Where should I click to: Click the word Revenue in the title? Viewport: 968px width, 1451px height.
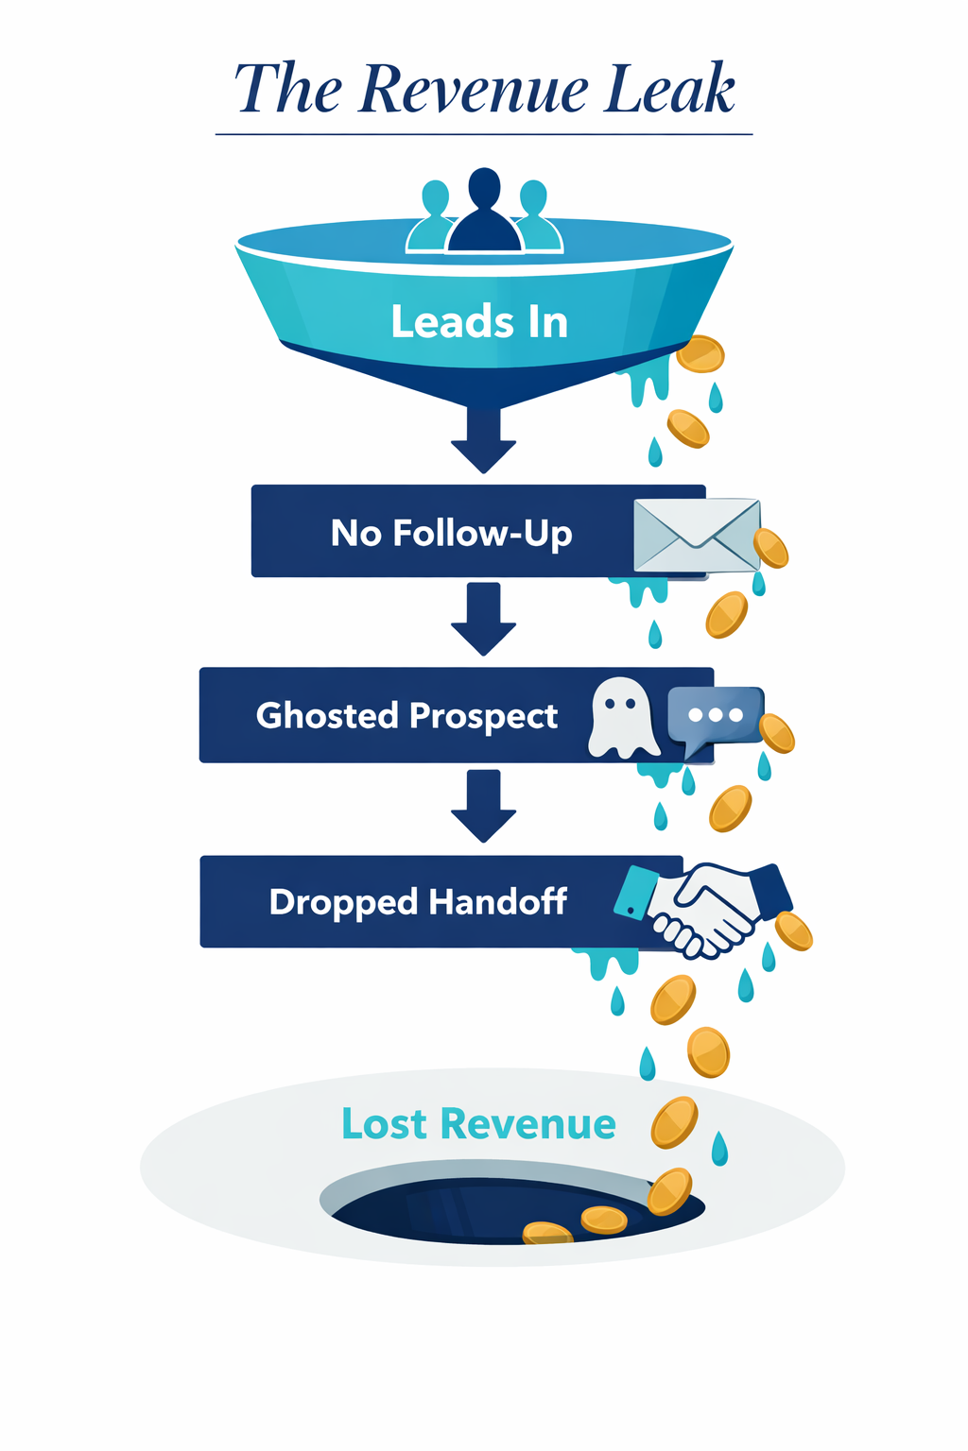[475, 90]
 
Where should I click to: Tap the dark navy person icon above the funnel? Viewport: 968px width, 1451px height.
[484, 213]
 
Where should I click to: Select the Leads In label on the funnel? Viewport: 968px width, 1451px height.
[479, 322]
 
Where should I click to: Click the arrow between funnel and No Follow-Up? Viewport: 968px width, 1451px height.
[483, 440]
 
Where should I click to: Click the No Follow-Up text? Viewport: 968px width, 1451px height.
[451, 533]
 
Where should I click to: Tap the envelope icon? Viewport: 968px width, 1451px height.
[697, 535]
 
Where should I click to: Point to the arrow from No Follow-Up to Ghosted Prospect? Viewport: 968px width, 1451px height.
[483, 620]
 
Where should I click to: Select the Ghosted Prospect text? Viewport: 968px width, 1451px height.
[406, 715]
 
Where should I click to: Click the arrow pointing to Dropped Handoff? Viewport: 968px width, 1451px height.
[483, 806]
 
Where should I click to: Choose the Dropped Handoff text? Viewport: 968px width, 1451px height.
[418, 901]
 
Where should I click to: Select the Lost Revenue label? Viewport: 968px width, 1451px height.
[478, 1124]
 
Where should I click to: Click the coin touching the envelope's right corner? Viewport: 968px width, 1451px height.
[770, 548]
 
